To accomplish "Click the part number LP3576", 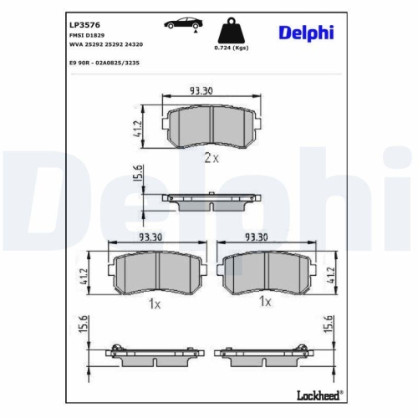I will pos(81,24).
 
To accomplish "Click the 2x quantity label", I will pos(209,157).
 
